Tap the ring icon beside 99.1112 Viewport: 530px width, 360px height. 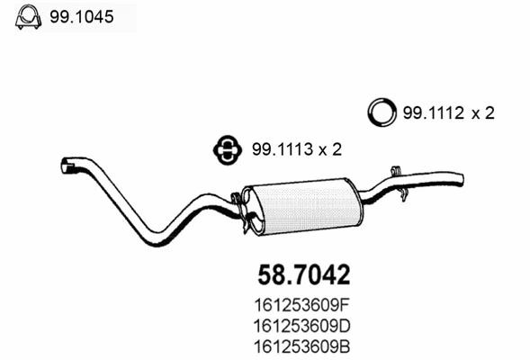(382, 113)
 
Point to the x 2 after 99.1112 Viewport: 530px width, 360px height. (483, 113)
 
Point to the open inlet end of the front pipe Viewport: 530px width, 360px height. (65, 166)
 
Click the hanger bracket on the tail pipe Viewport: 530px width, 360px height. (396, 171)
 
